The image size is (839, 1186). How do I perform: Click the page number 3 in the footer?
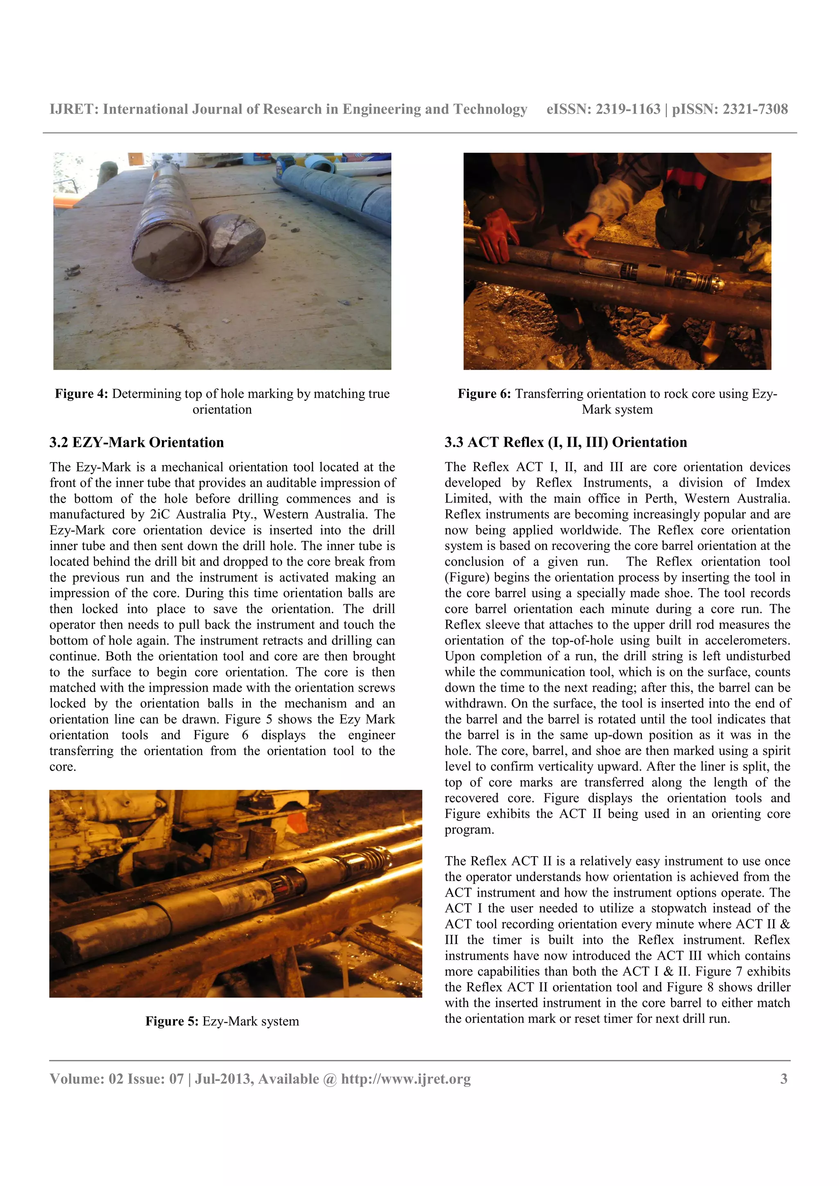(x=784, y=1078)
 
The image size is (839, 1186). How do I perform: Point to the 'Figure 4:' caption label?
(x=81, y=394)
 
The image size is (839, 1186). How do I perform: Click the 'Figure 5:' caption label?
(x=172, y=1021)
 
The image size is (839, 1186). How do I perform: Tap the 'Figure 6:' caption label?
(x=484, y=394)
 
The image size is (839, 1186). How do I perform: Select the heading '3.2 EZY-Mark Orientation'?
(x=136, y=442)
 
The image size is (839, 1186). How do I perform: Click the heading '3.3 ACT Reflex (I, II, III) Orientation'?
(x=565, y=442)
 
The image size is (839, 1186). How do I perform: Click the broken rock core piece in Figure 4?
(x=234, y=239)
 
